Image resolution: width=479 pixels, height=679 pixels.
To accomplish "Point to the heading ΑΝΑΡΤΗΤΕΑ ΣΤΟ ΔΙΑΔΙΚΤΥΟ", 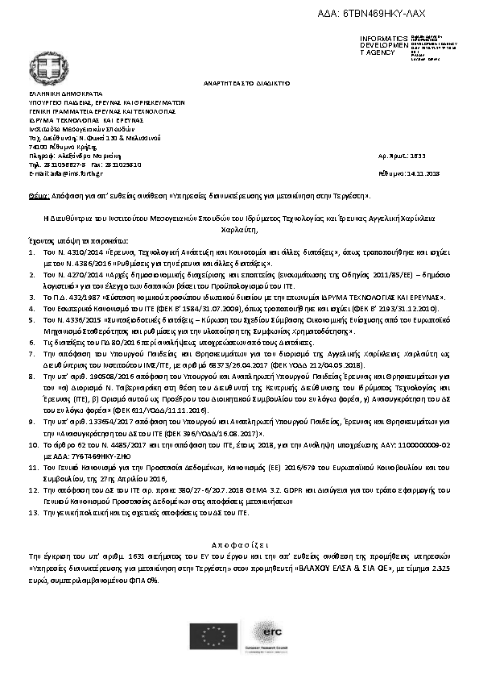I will pos(240,83).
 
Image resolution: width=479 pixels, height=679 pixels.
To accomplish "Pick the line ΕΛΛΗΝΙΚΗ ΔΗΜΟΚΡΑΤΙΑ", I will pos(61,94).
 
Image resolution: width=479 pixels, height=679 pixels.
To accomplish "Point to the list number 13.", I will pos(35,512).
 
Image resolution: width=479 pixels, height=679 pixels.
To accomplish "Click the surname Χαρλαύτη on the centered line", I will pos(239,229).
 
